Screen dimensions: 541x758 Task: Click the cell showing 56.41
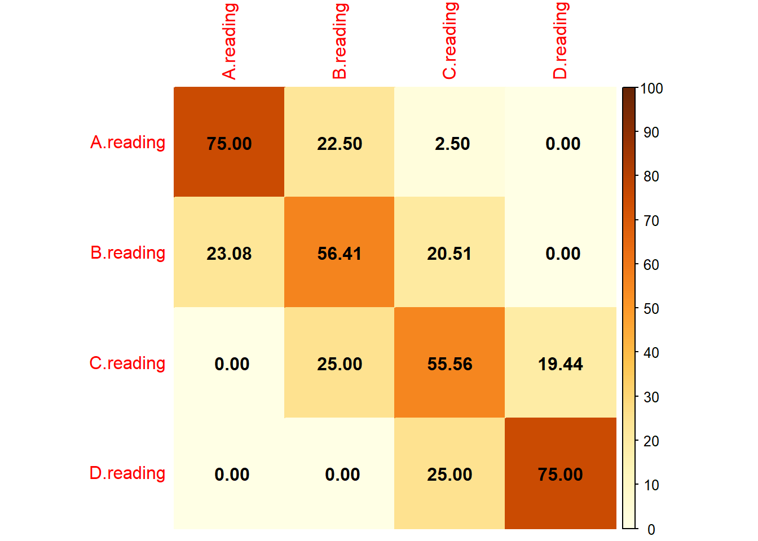(339, 253)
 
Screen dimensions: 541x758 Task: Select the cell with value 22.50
(339, 143)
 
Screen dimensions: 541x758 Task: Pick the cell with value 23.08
(229, 253)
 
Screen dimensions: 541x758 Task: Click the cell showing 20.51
(449, 253)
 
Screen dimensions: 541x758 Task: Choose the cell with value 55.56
(449, 363)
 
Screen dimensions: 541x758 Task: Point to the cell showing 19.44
(560, 363)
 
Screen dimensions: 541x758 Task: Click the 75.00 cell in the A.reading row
(229, 143)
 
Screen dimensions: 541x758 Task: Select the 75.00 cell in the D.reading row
(560, 474)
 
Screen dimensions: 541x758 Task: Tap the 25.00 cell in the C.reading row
(339, 363)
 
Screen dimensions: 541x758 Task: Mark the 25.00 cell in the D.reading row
(449, 474)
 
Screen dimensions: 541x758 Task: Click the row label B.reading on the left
(127, 253)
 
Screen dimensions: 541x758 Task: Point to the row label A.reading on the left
(127, 143)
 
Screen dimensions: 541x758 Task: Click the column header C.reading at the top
(449, 41)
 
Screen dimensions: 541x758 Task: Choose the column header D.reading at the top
(560, 41)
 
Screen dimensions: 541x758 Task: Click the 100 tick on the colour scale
(651, 88)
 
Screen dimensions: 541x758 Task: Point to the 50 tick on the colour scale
(651, 309)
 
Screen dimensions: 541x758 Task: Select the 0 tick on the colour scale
(651, 529)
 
